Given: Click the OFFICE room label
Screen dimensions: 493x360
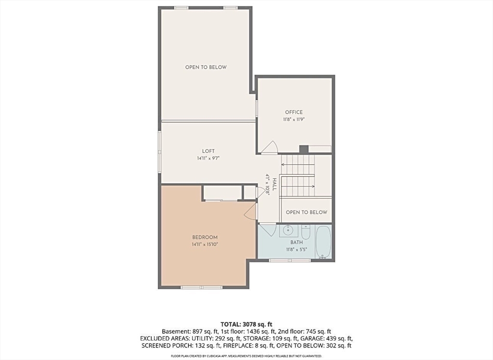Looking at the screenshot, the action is point(294,112).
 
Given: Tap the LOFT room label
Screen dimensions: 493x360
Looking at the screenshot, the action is point(208,151).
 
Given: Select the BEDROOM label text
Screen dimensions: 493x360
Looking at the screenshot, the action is point(205,237).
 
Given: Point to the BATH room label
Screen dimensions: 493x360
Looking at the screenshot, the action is point(297,242).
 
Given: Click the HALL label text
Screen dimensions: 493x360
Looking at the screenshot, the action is point(274,185).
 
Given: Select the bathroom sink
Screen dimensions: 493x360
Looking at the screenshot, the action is point(288,230).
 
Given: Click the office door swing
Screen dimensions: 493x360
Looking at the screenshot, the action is point(270,147).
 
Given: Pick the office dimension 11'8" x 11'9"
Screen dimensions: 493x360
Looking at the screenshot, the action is point(294,120).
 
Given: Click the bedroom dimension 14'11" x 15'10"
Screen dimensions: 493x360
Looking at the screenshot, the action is point(205,244).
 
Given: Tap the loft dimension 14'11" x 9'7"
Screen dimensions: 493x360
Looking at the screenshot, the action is point(208,158).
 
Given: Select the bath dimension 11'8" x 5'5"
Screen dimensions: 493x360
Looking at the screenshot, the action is point(297,250).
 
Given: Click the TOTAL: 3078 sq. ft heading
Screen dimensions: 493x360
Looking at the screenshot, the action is point(246,324).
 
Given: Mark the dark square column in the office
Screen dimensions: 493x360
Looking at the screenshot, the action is point(304,149).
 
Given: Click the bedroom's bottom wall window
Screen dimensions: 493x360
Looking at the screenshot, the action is point(202,287).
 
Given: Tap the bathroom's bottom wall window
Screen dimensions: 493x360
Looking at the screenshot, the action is point(290,260).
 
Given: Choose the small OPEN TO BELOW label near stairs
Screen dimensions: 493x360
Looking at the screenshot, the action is point(307,212).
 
